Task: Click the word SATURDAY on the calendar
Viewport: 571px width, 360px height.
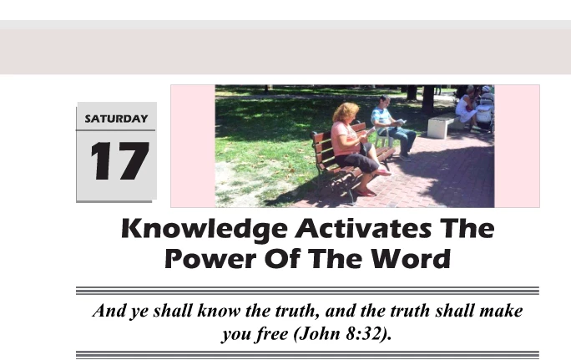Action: click(x=116, y=119)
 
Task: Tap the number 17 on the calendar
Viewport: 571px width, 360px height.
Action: click(x=120, y=161)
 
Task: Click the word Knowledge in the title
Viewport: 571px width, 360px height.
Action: click(x=205, y=230)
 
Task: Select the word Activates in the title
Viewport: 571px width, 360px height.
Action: click(x=363, y=228)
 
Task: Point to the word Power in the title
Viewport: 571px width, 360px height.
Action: click(x=211, y=258)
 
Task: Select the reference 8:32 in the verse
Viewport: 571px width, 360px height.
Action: click(x=363, y=333)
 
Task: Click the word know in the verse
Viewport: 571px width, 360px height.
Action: click(x=219, y=311)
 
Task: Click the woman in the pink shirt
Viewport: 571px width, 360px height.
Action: click(x=355, y=145)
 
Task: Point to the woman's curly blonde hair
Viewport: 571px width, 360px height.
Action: click(x=346, y=111)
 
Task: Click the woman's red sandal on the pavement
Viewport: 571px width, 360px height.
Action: click(x=365, y=192)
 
